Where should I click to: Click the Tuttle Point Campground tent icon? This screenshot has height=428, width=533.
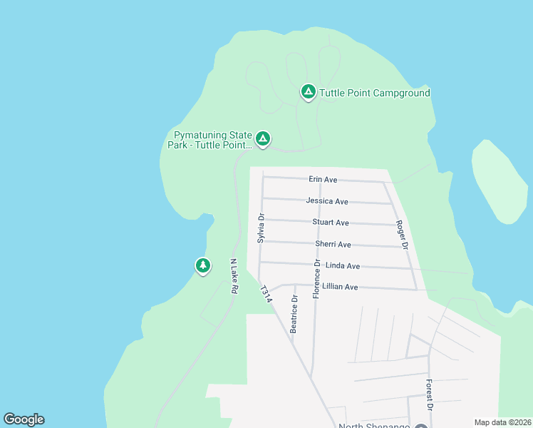point(308,92)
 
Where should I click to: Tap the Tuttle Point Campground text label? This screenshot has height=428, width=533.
point(375,93)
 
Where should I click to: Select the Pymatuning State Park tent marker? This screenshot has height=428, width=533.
point(263,138)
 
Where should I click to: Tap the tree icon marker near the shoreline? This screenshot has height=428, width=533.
point(203,266)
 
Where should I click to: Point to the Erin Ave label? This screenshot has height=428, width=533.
point(323,180)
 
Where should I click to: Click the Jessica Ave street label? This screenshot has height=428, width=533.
point(327,201)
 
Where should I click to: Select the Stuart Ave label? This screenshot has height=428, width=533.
point(331,223)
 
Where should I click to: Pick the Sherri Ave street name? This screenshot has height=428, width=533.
point(333,244)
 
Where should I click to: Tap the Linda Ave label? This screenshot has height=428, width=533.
point(342,265)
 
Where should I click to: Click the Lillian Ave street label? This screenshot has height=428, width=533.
point(340,287)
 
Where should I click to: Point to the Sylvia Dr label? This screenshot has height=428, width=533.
point(261,228)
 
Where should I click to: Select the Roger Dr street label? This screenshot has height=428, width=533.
point(401,234)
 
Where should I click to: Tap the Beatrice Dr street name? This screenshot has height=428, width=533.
point(294,315)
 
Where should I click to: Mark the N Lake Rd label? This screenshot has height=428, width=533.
point(233,276)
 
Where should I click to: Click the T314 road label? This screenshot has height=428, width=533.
point(266,295)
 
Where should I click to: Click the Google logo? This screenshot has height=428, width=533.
point(24,419)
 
